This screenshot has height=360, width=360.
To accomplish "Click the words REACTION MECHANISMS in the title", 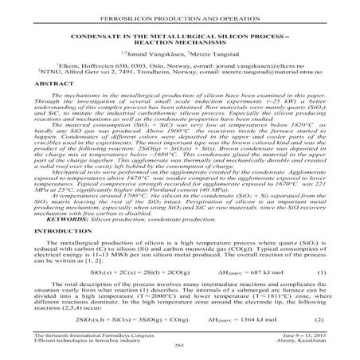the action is click(180, 36).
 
